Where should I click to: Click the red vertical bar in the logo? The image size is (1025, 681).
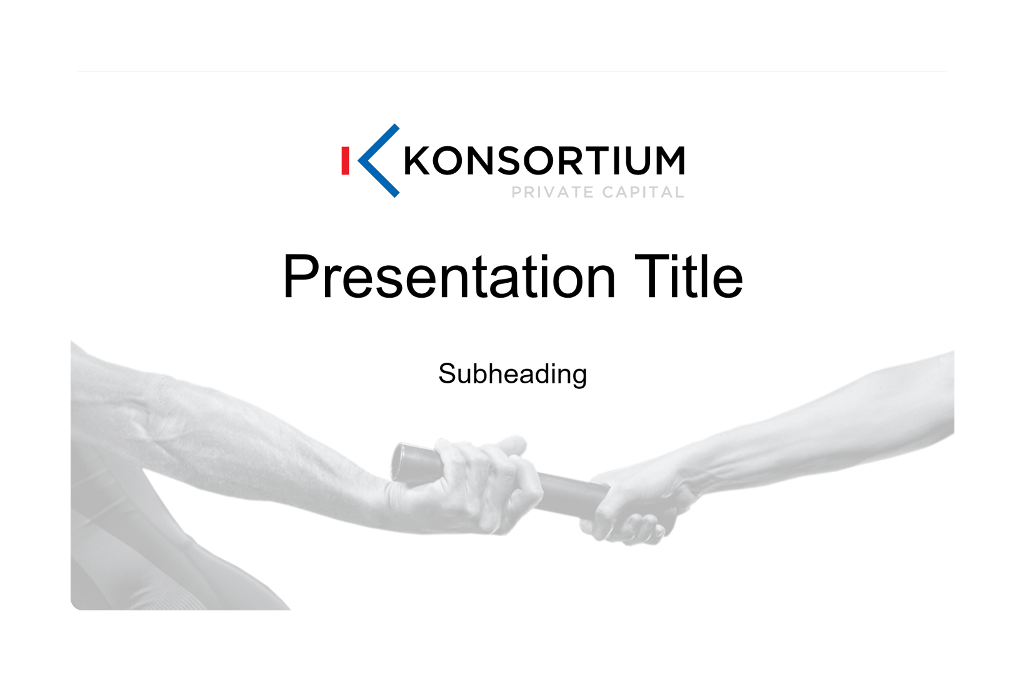click(x=346, y=161)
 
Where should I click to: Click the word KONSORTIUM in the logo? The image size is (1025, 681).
click(x=544, y=161)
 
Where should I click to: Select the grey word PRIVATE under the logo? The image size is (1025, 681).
click(x=552, y=193)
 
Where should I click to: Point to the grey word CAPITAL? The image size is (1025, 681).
click(x=643, y=193)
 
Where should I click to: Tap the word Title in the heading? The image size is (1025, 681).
click(x=687, y=276)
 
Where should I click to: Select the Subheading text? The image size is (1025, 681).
click(x=512, y=374)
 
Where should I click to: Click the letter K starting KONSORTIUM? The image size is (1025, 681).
click(x=417, y=161)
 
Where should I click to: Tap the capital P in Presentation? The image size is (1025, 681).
click(x=301, y=276)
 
